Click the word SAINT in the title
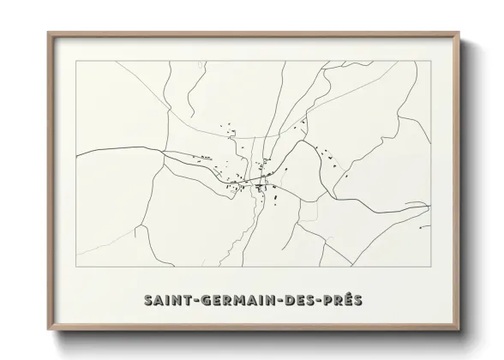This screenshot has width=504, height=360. [x=166, y=300]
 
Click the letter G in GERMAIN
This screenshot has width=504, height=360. [x=205, y=300]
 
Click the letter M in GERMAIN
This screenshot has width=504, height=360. [x=239, y=300]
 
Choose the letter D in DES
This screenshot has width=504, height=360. [x=289, y=300]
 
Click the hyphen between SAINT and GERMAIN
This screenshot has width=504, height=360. [x=196, y=301]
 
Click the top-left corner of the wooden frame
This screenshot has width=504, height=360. [x=48, y=33]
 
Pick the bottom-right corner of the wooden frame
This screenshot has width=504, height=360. [x=458, y=331]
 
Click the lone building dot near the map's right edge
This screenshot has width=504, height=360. [x=421, y=225]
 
